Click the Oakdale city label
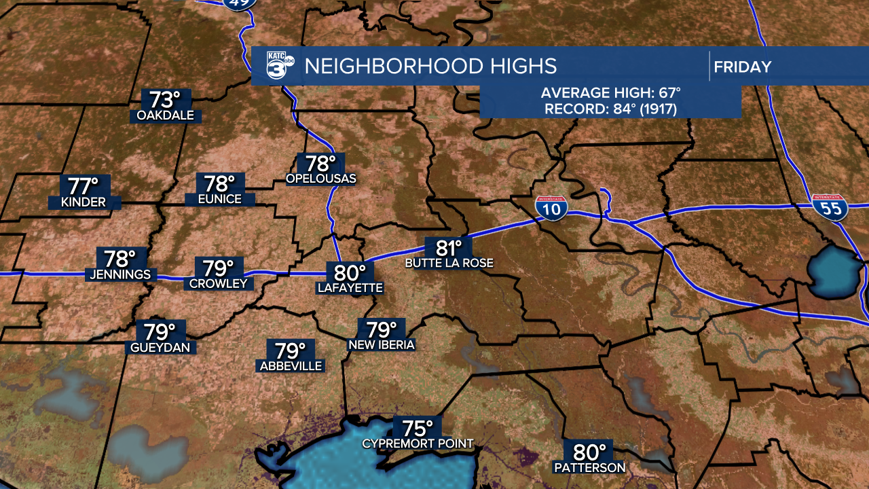click(165, 115)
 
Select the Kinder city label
click(84, 202)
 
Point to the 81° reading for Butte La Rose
click(448, 247)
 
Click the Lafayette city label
click(350, 288)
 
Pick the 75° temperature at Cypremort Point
click(418, 429)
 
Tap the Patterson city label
click(589, 467)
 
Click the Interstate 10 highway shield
click(552, 208)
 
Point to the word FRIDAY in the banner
click(743, 67)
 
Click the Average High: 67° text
click(610, 94)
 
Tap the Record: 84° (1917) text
click(610, 109)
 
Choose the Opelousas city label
click(321, 179)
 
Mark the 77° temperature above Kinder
click(84, 185)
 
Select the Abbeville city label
click(291, 366)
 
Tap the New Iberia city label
click(382, 345)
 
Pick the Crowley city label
click(218, 283)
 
